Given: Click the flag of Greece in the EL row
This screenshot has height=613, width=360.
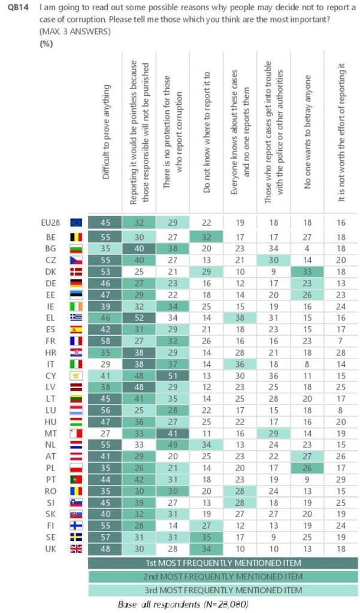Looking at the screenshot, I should coord(77,315).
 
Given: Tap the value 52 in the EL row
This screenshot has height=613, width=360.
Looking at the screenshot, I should coord(139,315).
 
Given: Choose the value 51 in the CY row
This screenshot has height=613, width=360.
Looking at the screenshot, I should coord(173,374).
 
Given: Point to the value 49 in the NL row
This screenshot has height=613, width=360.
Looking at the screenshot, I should coord(173,444).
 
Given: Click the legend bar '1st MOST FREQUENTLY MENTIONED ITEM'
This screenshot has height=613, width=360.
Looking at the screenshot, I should coord(222,563).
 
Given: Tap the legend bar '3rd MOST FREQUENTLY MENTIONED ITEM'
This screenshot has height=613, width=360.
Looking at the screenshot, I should coord(222,590).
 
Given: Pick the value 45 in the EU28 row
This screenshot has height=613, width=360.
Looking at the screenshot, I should coord(105,222).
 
